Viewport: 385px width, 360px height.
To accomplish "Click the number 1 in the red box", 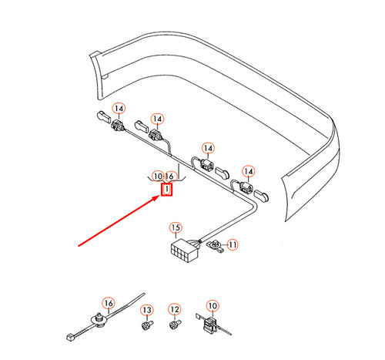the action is click(x=167, y=189).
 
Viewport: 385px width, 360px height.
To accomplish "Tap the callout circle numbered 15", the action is click(x=176, y=227).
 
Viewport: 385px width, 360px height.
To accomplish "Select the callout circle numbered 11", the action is click(x=233, y=244).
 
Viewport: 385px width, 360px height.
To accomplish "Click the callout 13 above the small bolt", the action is click(x=147, y=310).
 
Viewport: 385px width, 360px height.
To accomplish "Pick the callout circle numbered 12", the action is click(x=175, y=309).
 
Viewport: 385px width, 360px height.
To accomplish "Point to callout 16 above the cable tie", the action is click(x=109, y=303).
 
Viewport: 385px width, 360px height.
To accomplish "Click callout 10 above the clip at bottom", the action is click(x=213, y=306).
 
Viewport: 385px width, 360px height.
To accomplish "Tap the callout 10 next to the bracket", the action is click(x=158, y=177).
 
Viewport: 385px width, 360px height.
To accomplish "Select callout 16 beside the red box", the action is click(x=169, y=177).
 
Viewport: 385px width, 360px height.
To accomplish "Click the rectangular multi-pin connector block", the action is click(x=184, y=251).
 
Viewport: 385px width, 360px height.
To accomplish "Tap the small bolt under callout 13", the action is click(x=147, y=325).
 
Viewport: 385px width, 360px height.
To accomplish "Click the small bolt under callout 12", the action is click(x=175, y=325).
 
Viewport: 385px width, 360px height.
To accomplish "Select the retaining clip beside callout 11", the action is click(x=216, y=245).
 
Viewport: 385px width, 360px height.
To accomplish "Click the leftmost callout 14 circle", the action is click(x=119, y=109).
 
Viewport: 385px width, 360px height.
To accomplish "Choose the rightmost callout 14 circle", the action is click(x=248, y=171).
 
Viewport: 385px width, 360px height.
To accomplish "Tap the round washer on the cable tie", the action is click(x=99, y=320).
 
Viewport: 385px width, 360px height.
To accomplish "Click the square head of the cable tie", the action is click(x=70, y=337).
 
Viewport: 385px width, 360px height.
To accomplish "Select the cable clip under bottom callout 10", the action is click(x=211, y=325).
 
